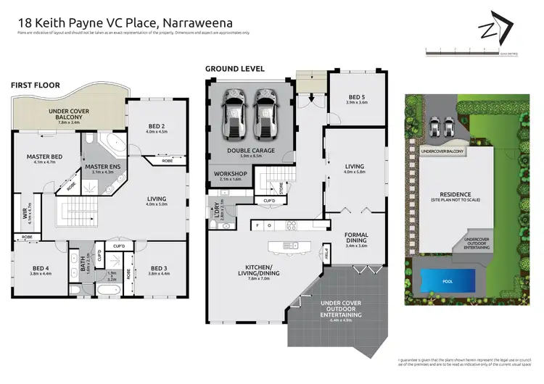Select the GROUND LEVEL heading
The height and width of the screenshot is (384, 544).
point(234,69)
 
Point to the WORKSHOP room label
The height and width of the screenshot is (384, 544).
point(229,174)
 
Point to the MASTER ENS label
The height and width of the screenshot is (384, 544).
point(96,167)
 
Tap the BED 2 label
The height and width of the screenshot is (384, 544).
point(156,127)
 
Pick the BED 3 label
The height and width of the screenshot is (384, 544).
point(157,268)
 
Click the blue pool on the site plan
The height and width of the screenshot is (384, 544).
point(448,279)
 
